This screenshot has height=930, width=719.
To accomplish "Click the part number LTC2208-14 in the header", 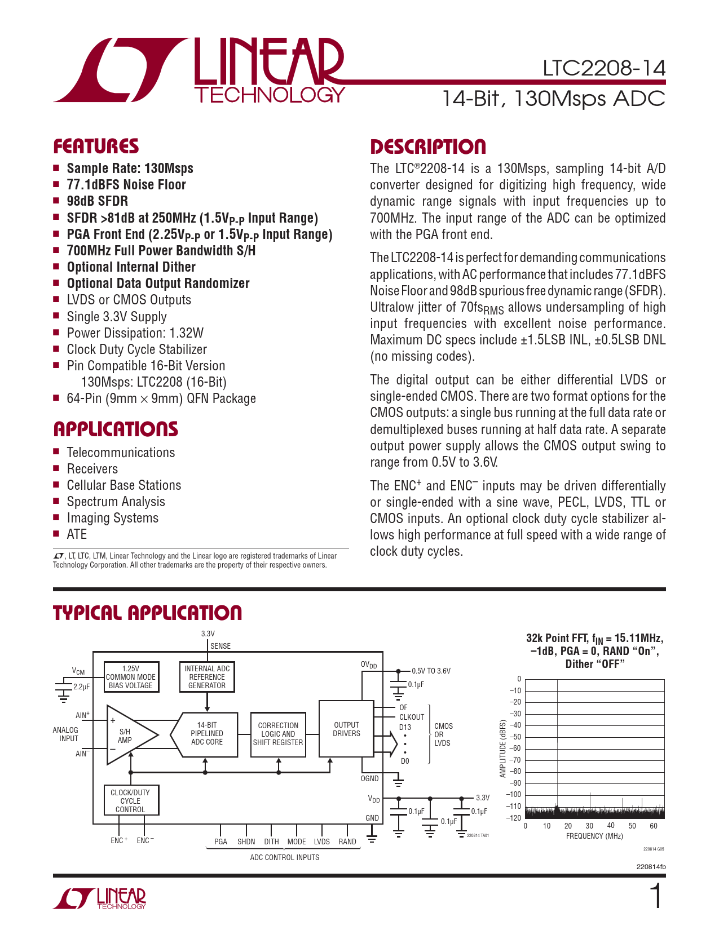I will tap(603, 69).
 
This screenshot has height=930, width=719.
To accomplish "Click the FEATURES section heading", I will tap(96, 147).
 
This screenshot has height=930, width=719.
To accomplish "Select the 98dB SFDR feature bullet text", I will tap(97, 201).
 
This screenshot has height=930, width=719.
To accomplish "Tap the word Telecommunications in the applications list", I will tap(121, 453).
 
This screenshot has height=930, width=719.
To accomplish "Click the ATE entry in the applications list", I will tap(77, 534).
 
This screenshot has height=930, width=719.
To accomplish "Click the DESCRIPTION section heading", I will tap(427, 147).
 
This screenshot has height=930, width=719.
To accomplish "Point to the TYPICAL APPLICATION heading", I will tap(147, 613).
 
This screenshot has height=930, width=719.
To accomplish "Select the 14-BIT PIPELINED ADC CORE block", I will tap(206, 733).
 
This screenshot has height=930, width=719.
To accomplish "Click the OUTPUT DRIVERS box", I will tap(346, 729).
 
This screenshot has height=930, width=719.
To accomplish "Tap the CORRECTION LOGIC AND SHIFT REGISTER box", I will tap(278, 734).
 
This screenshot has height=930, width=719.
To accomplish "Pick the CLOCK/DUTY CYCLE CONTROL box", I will tap(130, 801).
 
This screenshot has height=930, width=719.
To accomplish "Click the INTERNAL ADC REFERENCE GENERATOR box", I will tap(207, 677).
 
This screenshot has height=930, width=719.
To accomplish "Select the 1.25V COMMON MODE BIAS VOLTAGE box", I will tap(131, 677).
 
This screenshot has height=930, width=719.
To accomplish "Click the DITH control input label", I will tap(272, 842).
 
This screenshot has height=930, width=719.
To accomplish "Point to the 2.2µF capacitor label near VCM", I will tap(81, 687).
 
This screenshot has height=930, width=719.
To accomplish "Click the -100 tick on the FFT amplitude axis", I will tap(515, 795).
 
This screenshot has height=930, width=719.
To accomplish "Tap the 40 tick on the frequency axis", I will tap(611, 826).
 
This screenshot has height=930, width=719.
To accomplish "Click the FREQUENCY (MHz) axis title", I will tap(594, 836).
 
